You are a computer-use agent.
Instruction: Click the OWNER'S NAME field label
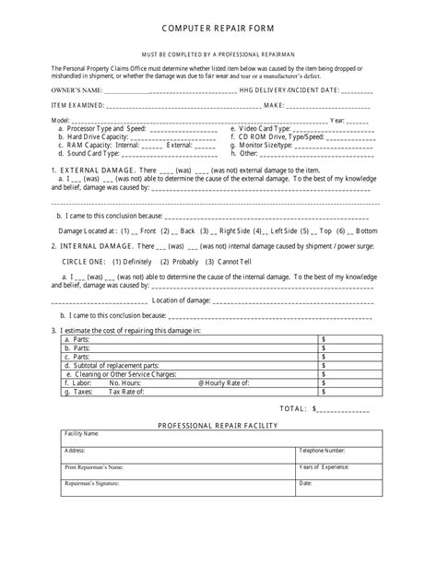pyautogui.click(x=77, y=89)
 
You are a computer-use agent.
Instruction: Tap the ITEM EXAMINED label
pyautogui.click(x=77, y=105)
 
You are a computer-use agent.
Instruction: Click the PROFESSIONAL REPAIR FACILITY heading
pyautogui.click(x=218, y=424)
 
